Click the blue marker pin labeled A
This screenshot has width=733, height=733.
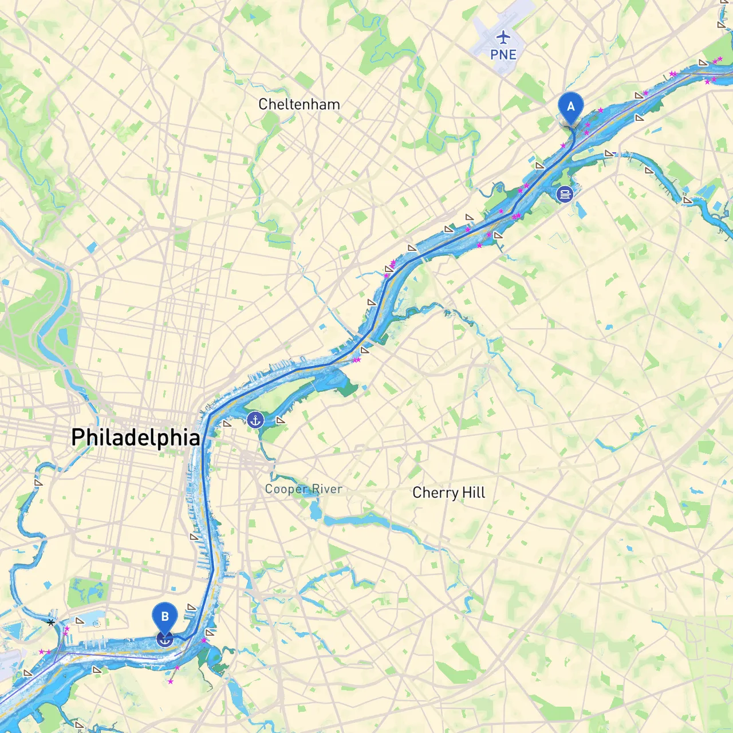pos(570,107)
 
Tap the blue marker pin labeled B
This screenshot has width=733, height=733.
pos(164,617)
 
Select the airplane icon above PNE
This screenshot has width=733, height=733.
pos(503,38)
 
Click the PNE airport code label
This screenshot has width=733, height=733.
pos(503,54)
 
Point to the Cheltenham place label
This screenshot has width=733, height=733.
pos(299,104)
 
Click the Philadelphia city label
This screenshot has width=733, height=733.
pos(136,438)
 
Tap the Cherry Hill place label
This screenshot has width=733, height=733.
pos(448,492)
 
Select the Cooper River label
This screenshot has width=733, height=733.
pos(304,489)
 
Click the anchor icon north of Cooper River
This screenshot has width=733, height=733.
pos(255,420)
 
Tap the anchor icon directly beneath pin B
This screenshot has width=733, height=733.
pos(164,640)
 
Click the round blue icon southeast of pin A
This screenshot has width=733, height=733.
pos(565,194)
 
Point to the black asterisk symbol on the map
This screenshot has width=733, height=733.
pos(51,622)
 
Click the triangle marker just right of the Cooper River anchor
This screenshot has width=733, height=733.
pos(280,420)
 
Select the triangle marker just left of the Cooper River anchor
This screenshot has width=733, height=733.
pos(227,424)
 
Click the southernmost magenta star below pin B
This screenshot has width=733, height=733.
pos(171,681)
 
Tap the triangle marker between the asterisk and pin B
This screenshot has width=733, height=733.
pos(80,621)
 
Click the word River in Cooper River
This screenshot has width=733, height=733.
pos(327,489)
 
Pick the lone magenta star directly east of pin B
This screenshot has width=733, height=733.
pos(203,640)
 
